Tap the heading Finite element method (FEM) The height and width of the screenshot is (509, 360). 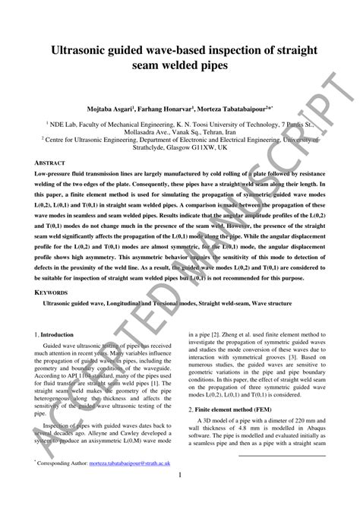point(232,408)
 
